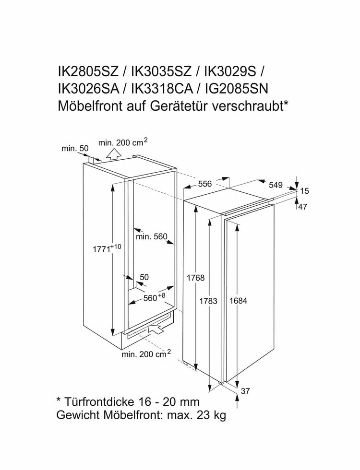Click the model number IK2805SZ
[x=88, y=72]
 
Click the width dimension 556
[x=205, y=183]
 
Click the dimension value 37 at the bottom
[x=245, y=391]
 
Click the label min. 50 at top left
[x=75, y=149]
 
